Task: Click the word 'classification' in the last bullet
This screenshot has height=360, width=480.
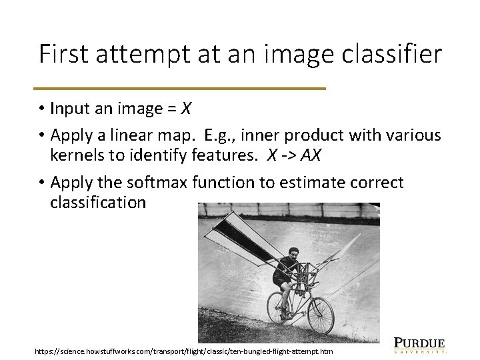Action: (97, 203)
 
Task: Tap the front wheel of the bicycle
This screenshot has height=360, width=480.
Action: (321, 315)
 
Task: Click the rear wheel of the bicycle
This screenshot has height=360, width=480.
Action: (279, 309)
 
